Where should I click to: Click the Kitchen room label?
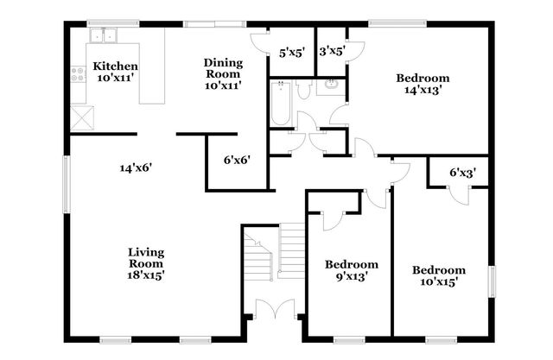(x=116, y=72)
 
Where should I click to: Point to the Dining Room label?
(x=222, y=73)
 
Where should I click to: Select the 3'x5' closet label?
(x=331, y=51)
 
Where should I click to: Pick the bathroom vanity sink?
(x=332, y=86)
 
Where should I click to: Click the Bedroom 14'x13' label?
(x=423, y=85)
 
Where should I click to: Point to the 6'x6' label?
(x=236, y=159)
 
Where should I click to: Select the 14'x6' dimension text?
(x=136, y=167)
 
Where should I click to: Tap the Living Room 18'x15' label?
(x=146, y=263)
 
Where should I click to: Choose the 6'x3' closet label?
(x=463, y=173)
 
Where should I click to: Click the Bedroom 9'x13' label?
(x=352, y=270)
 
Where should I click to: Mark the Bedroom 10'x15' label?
(x=438, y=275)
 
